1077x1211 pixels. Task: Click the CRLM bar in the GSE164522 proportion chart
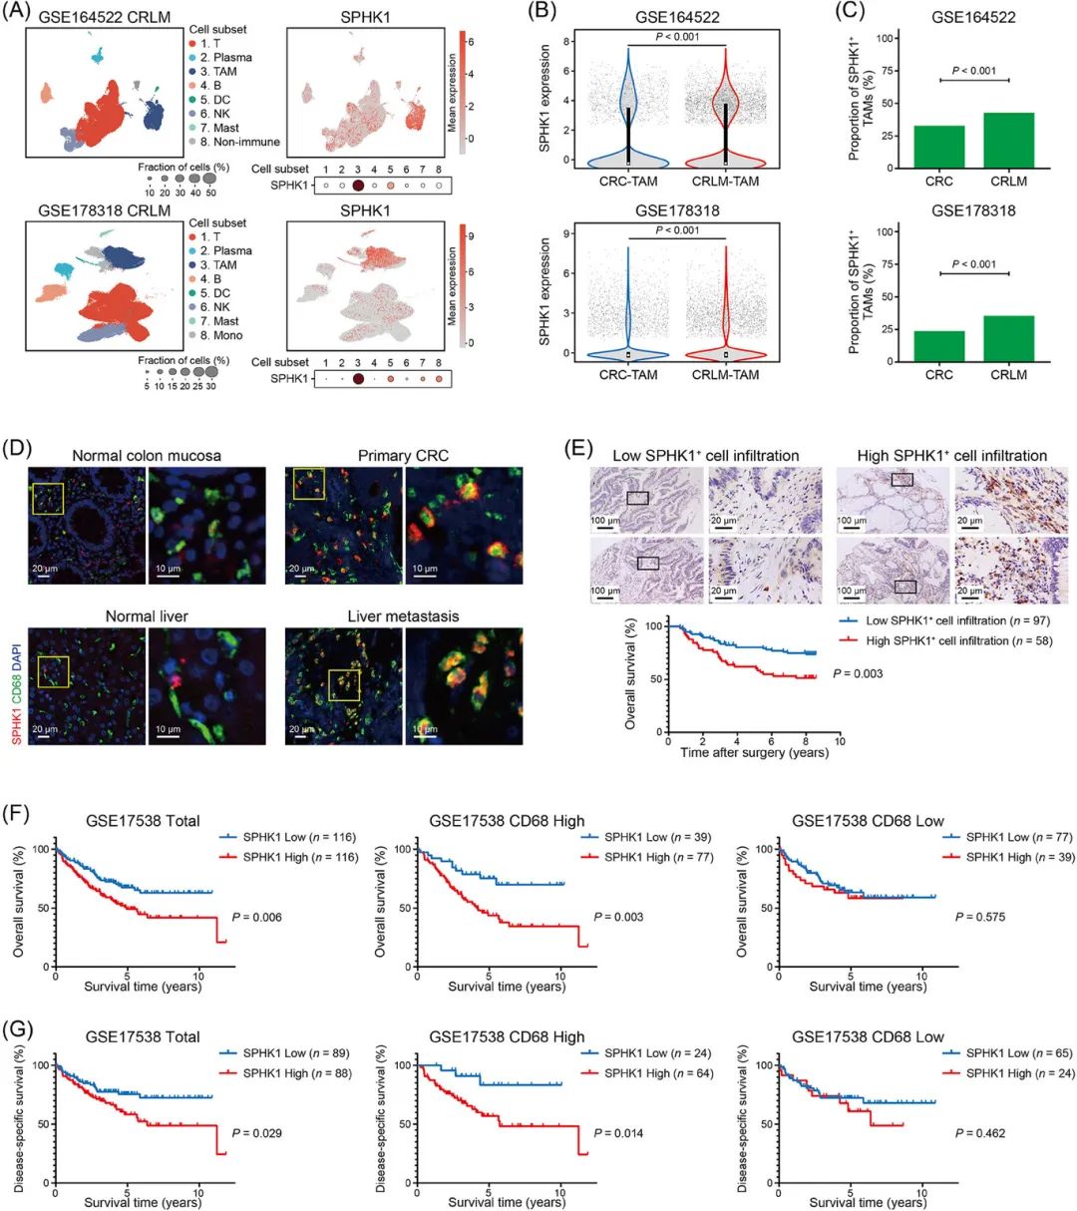[x=1008, y=140]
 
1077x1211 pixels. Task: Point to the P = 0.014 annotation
[x=620, y=1133]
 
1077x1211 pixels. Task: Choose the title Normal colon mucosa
[x=147, y=456]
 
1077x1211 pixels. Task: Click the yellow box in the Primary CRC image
[x=309, y=482]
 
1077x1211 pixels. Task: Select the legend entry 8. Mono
[x=220, y=335]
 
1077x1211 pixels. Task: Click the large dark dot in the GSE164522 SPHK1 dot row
[x=357, y=185]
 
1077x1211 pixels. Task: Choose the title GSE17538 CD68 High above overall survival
[x=507, y=821]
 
